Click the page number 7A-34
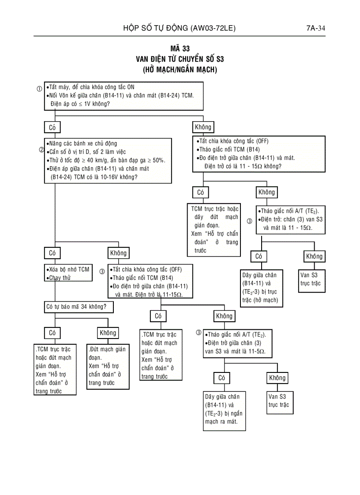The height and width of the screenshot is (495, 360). click(315, 29)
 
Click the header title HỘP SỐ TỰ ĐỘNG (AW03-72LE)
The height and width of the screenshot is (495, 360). click(179, 29)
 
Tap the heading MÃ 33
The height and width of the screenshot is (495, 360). click(180, 49)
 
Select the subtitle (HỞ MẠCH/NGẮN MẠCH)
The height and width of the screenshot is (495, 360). click(180, 70)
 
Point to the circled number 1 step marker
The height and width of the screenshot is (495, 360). click(39, 89)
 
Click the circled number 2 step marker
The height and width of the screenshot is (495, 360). click(41, 149)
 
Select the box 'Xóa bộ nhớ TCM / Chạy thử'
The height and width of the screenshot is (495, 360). click(68, 273)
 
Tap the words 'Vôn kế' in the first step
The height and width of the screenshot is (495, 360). click(71, 95)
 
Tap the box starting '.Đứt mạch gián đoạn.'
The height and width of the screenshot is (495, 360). click(108, 366)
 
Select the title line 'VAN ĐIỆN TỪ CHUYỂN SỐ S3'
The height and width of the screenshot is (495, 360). click(180, 59)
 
